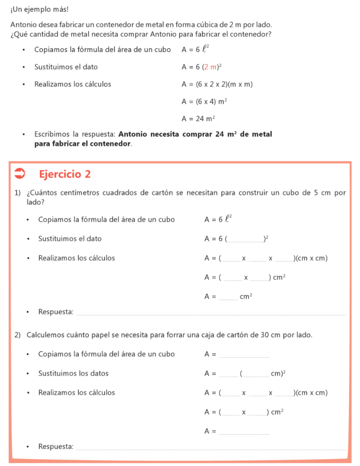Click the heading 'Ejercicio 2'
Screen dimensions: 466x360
tap(65, 174)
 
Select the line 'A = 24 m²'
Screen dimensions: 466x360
tap(198, 119)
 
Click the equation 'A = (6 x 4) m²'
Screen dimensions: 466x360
tap(204, 101)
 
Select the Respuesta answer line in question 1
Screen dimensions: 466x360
tap(212, 312)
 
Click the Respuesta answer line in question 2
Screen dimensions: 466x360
tap(212, 447)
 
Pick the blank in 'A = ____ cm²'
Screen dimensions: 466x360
tap(228, 297)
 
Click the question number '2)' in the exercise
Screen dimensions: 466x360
tap(18, 335)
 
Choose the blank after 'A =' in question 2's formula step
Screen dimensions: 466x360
tap(244, 354)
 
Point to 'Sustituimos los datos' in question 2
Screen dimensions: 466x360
tap(73, 373)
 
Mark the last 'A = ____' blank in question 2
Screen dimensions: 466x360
tap(244, 431)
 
